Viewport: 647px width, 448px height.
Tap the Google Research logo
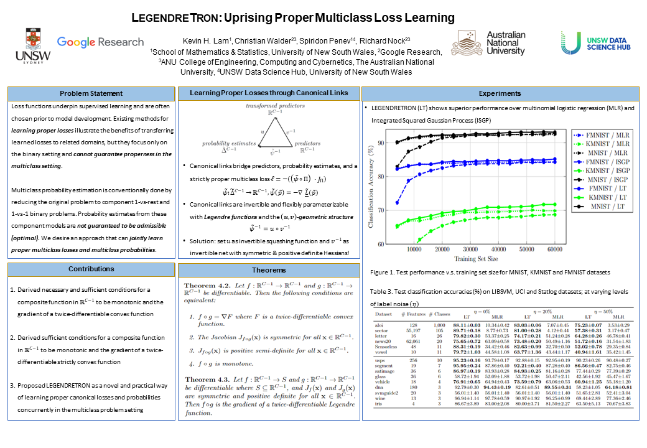[x=100, y=42]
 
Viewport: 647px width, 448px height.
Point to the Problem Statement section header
[x=91, y=93]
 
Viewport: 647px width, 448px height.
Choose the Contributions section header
[x=91, y=269]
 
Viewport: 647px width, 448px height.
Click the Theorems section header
[x=269, y=270]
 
